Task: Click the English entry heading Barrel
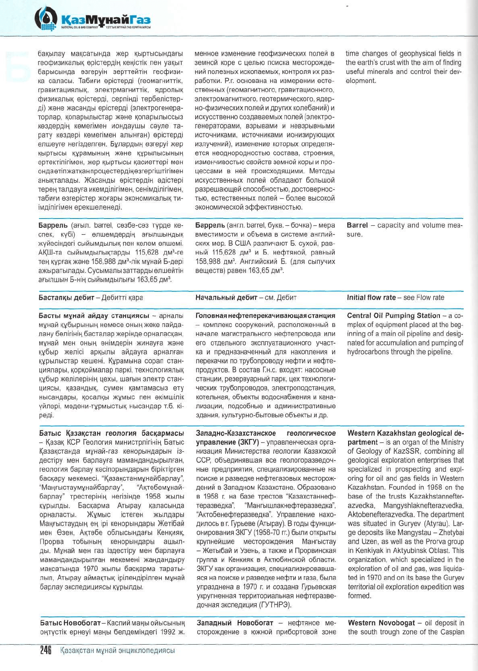coord(357,225)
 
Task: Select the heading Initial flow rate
coord(371,298)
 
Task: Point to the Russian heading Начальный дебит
coord(226,298)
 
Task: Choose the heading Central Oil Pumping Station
coord(393,316)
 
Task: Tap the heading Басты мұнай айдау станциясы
coord(94,316)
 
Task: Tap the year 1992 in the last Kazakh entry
coord(166,632)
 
